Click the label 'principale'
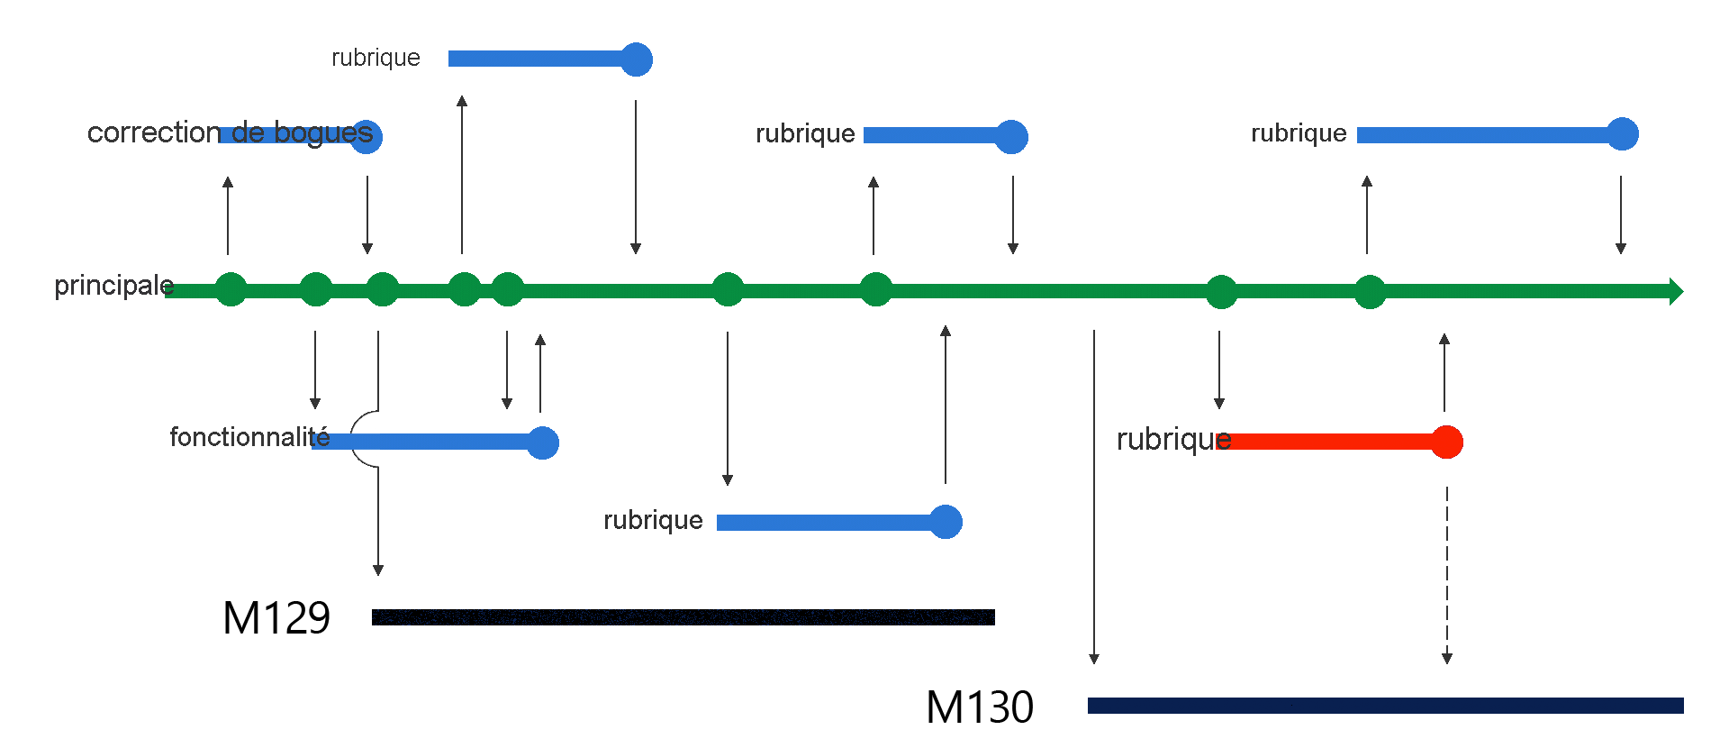click(x=113, y=286)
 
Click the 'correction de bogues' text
click(x=230, y=132)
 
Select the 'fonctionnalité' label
click(x=249, y=437)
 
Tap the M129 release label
click(x=276, y=618)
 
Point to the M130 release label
click(x=980, y=707)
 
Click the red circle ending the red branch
click(x=1446, y=442)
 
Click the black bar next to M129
click(x=683, y=617)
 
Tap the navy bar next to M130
click(x=1385, y=706)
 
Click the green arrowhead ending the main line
click(x=1676, y=291)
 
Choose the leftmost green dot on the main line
click(x=231, y=289)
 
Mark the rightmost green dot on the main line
click(x=1370, y=292)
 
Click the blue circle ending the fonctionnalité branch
click(x=543, y=442)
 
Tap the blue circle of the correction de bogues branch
click(x=367, y=137)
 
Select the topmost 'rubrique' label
click(x=376, y=58)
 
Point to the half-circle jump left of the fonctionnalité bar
click(x=362, y=439)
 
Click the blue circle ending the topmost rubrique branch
click(x=637, y=59)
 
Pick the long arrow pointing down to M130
click(x=1094, y=496)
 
